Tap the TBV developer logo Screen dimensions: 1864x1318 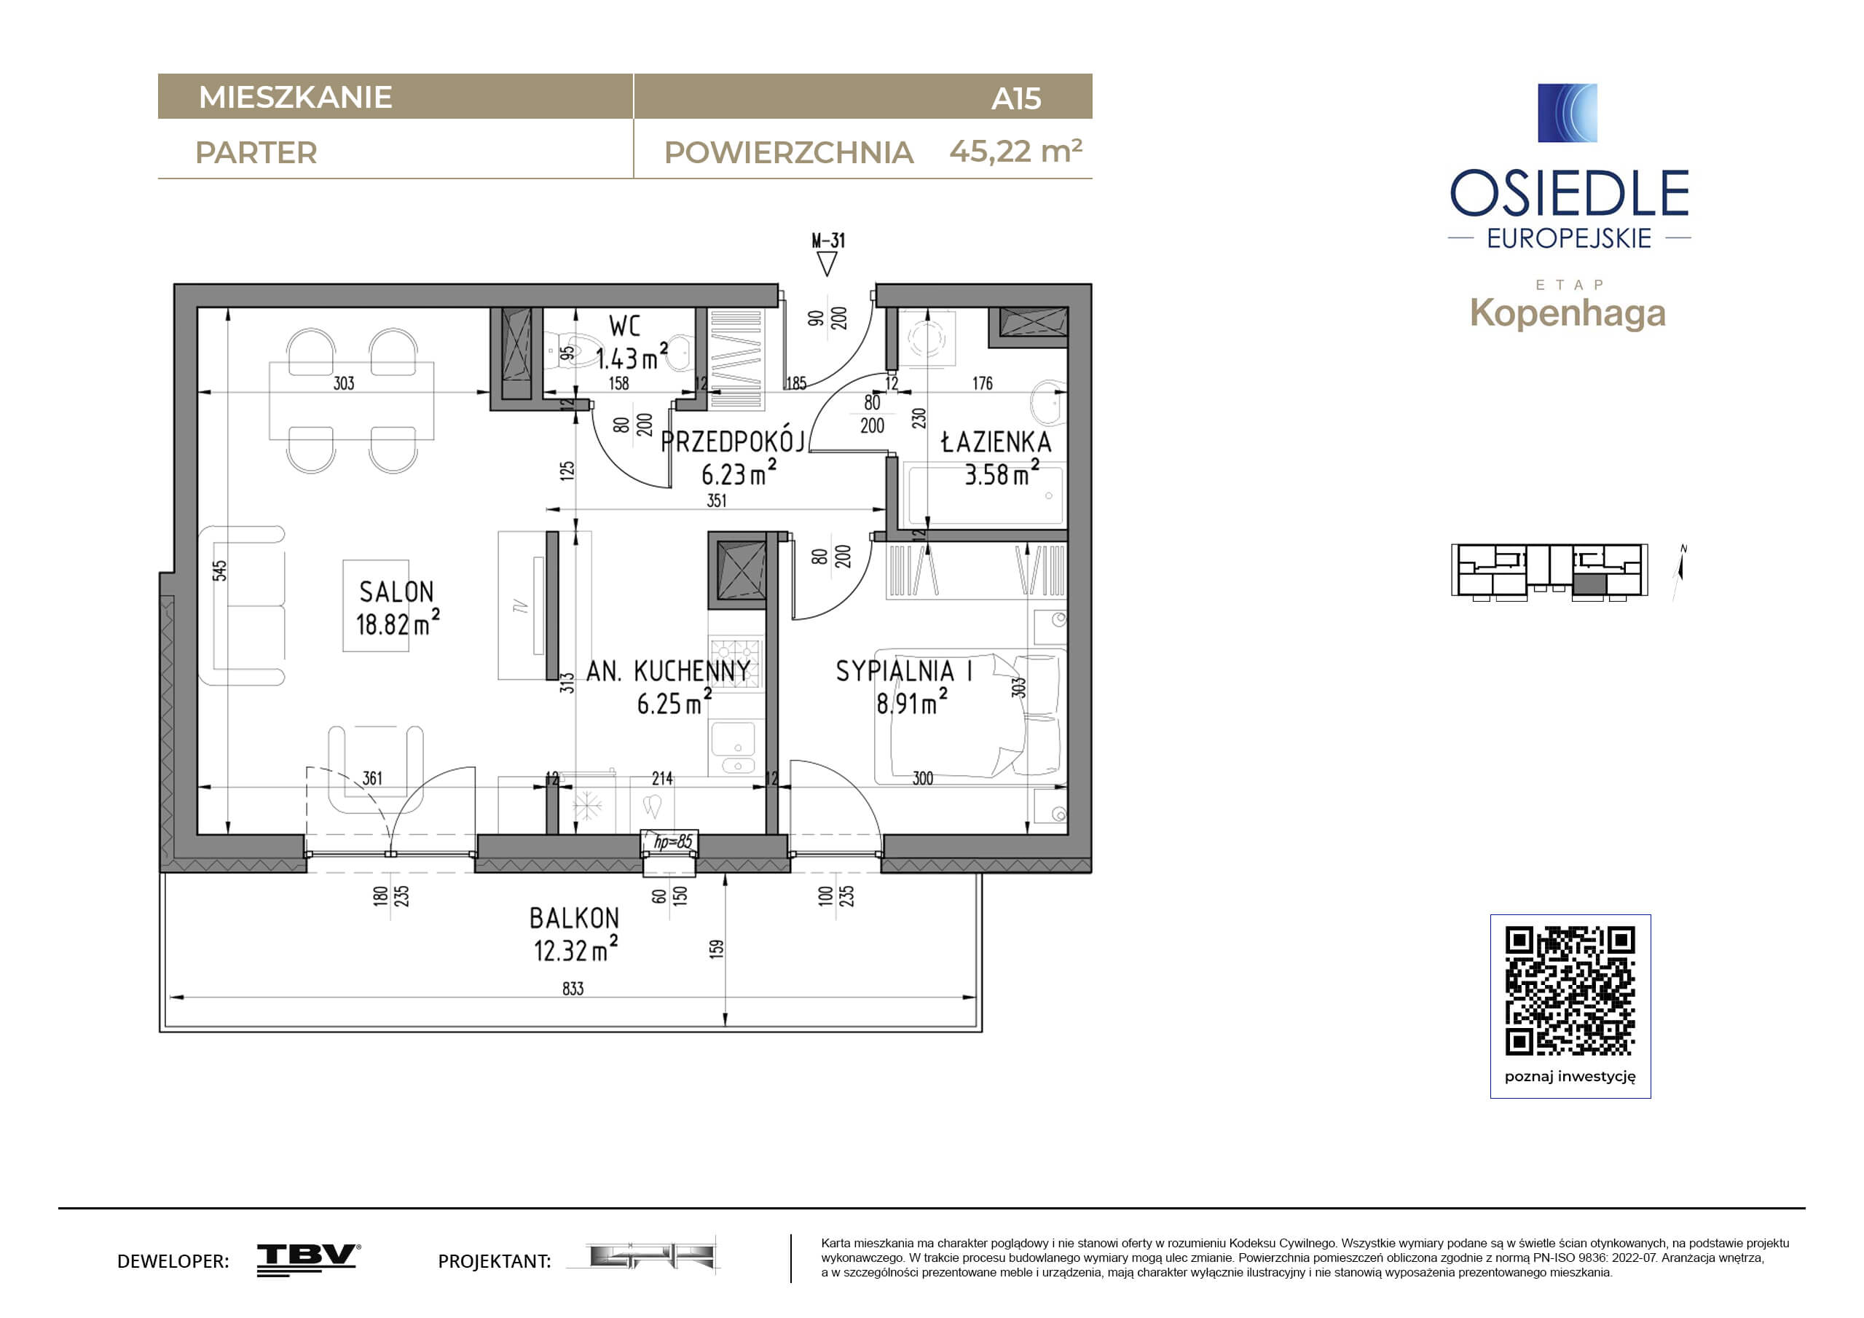[309, 1260]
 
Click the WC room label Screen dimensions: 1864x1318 [624, 326]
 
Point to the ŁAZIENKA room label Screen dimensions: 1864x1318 [996, 442]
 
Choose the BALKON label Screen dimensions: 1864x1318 [574, 919]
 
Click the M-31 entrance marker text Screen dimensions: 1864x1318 [828, 240]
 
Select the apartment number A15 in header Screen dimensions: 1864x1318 [1015, 98]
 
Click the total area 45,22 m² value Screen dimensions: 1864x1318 [1015, 151]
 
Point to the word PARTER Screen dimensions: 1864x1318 [256, 153]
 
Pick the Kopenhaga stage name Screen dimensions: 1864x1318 [1568, 313]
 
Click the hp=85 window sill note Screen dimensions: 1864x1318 [673, 842]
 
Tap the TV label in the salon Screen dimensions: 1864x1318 [520, 605]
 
